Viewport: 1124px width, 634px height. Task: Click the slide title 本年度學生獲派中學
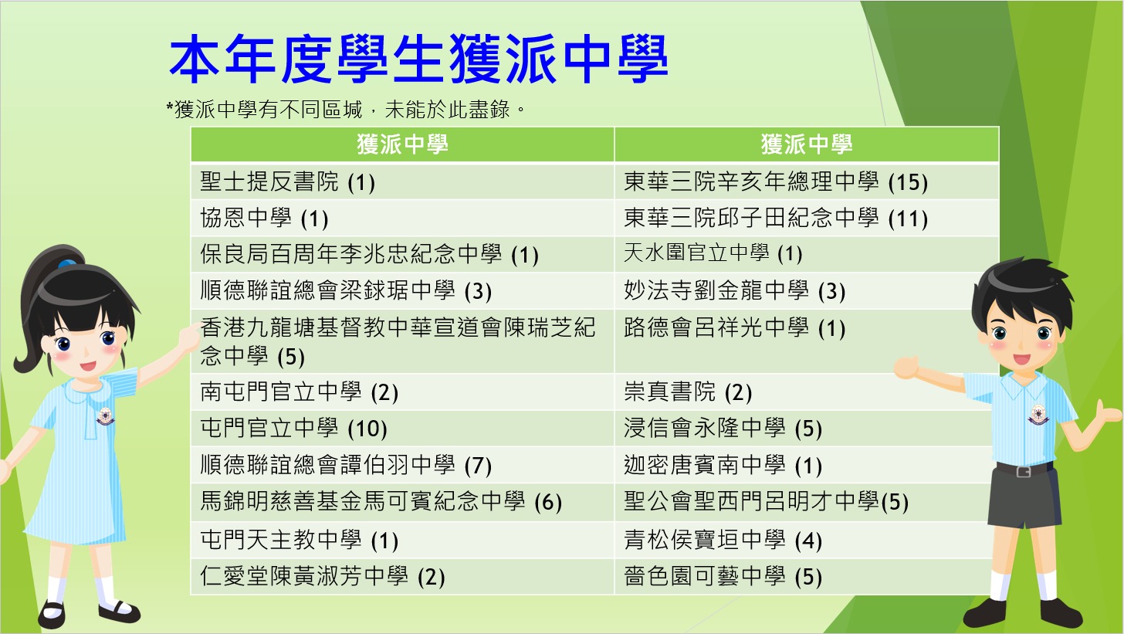click(419, 59)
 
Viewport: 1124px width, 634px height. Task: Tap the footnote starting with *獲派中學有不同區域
click(345, 110)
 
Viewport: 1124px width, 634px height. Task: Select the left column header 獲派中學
click(402, 144)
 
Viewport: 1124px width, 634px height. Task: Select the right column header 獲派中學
click(807, 144)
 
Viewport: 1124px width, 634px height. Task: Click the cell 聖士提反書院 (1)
click(287, 181)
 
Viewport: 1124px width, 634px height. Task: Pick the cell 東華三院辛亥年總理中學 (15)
click(776, 181)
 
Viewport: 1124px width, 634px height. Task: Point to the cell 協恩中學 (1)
click(264, 219)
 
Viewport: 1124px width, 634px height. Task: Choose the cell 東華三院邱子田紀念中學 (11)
click(776, 219)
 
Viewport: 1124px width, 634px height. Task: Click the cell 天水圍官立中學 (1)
click(713, 253)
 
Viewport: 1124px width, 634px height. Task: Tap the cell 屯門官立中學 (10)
click(293, 428)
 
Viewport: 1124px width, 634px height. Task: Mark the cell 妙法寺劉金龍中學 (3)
click(735, 290)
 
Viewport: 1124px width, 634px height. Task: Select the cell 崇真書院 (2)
click(687, 392)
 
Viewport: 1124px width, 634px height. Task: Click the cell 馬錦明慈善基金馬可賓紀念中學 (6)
click(381, 501)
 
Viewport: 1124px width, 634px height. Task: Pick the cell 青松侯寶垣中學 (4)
click(723, 540)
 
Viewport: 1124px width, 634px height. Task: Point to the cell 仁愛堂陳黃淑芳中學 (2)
click(322, 576)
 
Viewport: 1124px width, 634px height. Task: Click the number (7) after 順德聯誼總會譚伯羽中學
click(478, 466)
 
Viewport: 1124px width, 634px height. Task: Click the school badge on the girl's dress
click(105, 416)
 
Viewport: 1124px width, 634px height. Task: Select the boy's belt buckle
click(1024, 471)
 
